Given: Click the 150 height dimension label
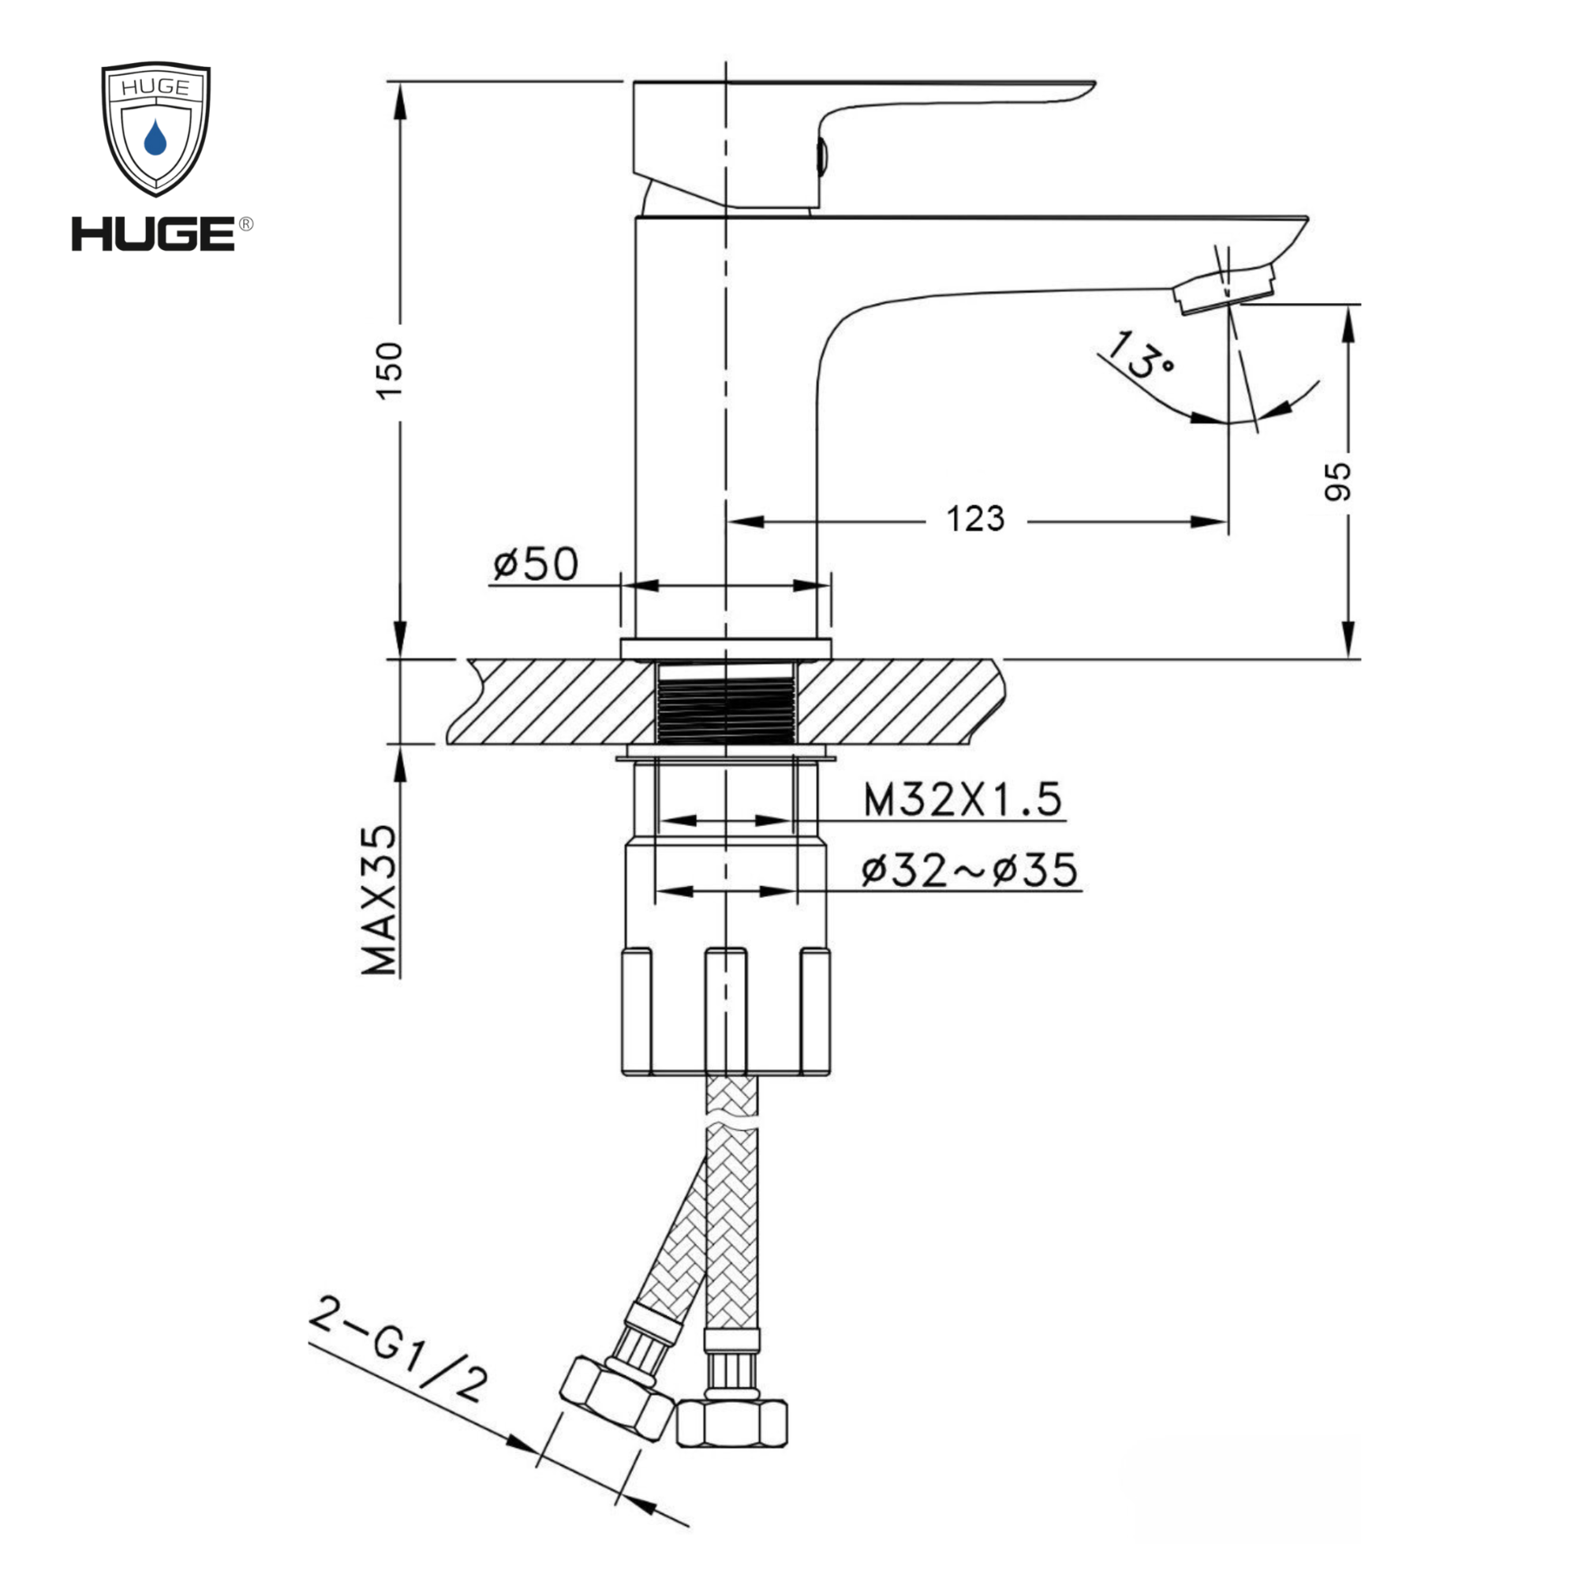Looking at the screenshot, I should pyautogui.click(x=391, y=370).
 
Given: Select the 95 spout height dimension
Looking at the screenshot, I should pyautogui.click(x=1337, y=481).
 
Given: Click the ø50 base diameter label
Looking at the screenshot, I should pyautogui.click(x=535, y=563).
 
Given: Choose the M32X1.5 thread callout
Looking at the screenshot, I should pyautogui.click(x=962, y=799).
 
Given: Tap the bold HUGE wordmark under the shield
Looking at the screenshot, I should pyautogui.click(x=154, y=234).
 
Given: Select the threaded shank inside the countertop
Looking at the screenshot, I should pyautogui.click(x=725, y=703).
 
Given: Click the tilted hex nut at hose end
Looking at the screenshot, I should pyautogui.click(x=618, y=1399).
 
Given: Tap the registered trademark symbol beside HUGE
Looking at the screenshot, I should pyautogui.click(x=245, y=224).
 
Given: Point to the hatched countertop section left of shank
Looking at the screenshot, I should pyautogui.click(x=555, y=701).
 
